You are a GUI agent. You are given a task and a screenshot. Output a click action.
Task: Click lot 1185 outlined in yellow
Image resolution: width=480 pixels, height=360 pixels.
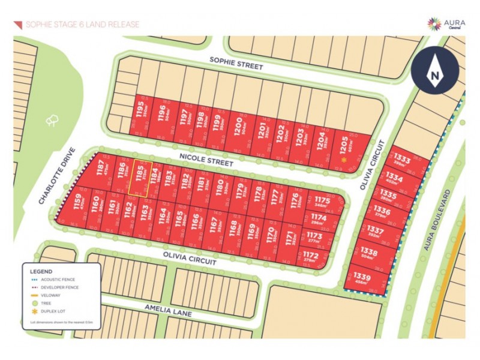tap(140, 178)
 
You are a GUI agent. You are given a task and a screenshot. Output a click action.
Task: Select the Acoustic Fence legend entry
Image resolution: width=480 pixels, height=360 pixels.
tap(52, 280)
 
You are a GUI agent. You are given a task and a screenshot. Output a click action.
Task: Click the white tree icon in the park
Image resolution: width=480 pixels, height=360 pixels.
tap(51, 121)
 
